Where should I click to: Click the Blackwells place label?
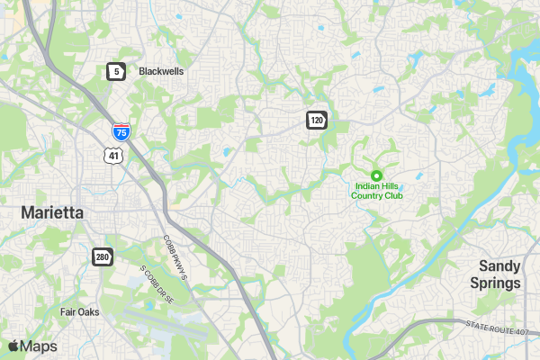point(162,71)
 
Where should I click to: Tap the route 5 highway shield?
point(115,71)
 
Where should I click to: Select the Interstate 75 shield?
point(120,132)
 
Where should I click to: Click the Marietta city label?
point(52,213)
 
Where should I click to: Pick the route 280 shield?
point(101,258)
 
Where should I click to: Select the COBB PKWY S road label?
point(174,257)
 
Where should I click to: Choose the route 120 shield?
point(315,120)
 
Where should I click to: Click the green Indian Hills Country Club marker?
point(376,175)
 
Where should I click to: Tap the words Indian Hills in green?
point(376,185)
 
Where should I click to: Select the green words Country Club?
point(376,195)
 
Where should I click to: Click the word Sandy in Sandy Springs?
point(499,266)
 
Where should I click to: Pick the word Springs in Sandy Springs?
point(495,283)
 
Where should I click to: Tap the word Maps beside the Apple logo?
point(39,346)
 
